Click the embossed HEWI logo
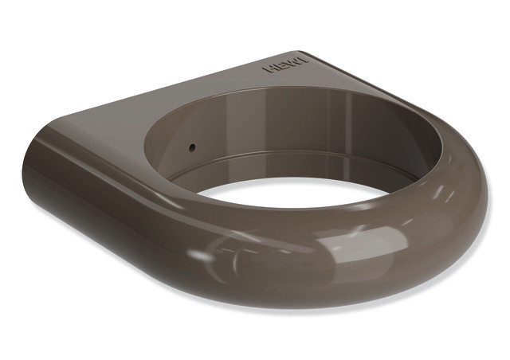[285, 65]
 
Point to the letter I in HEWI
[304, 61]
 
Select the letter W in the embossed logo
[294, 63]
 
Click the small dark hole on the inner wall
[192, 147]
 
